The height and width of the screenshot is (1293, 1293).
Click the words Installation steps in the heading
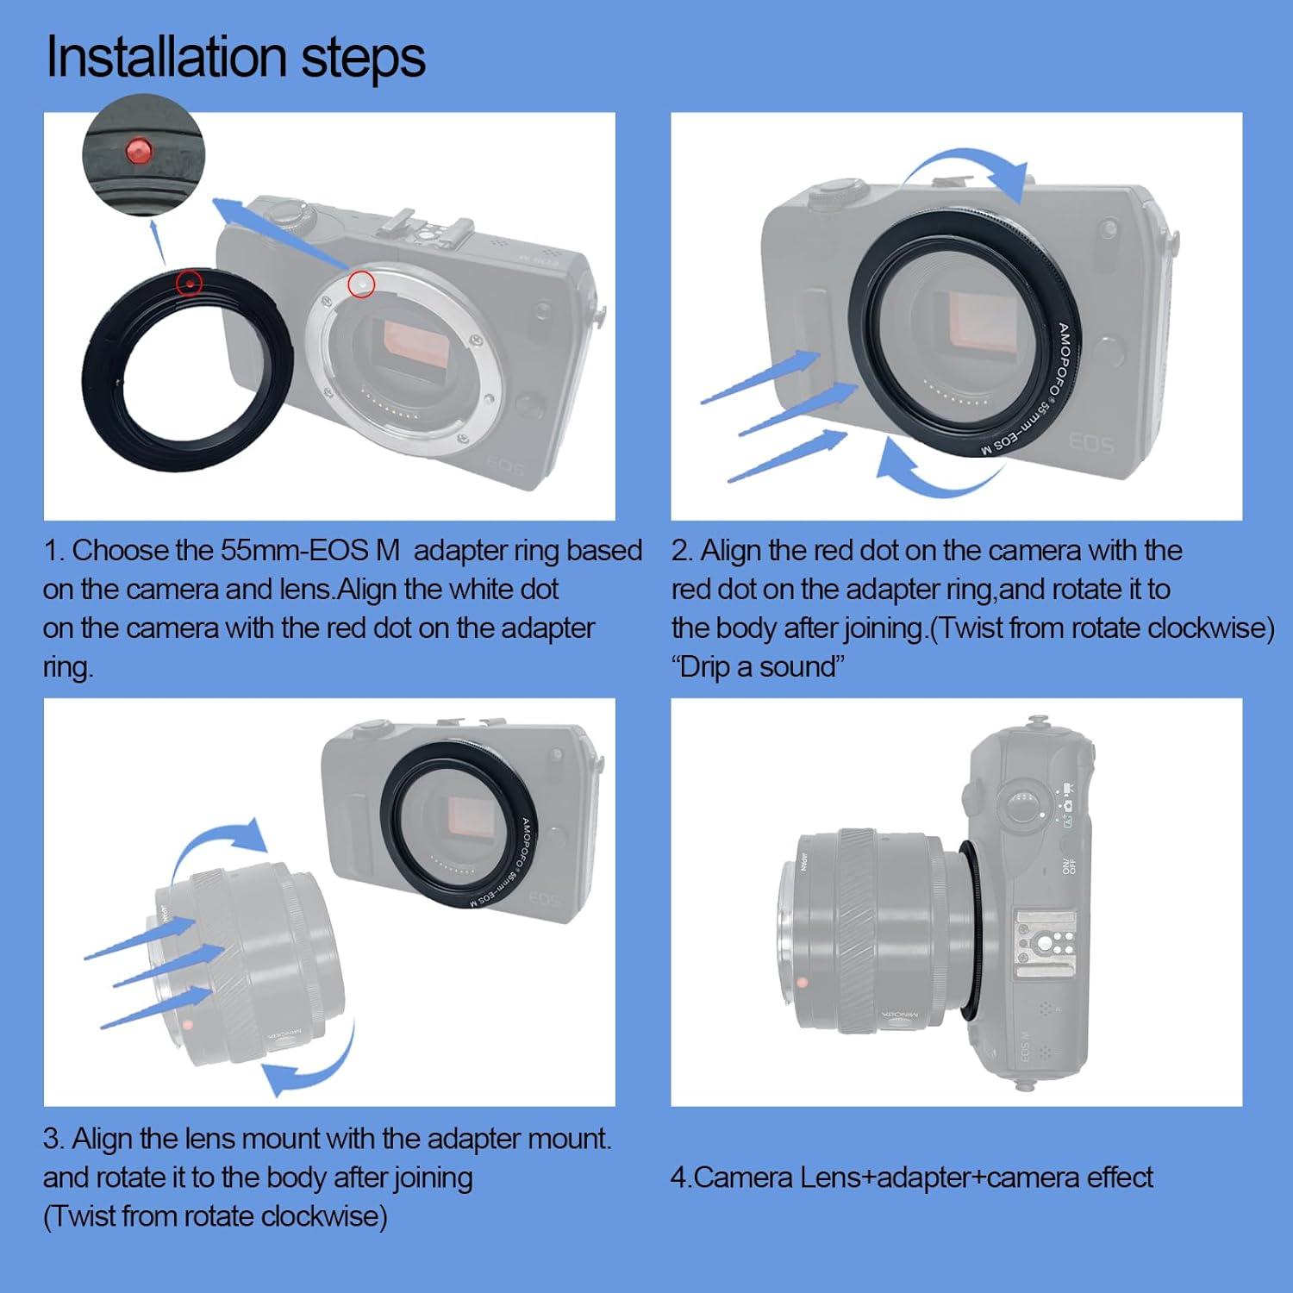pos(235,57)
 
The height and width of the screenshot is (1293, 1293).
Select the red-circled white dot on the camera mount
pos(362,284)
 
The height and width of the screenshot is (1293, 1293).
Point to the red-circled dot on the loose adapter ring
pos(189,282)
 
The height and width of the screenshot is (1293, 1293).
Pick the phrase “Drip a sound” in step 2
pos(759,666)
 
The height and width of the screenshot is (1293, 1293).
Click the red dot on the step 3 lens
pos(188,1023)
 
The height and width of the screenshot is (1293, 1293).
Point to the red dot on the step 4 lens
pos(803,982)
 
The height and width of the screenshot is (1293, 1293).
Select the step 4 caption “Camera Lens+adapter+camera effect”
pos(912,1177)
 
